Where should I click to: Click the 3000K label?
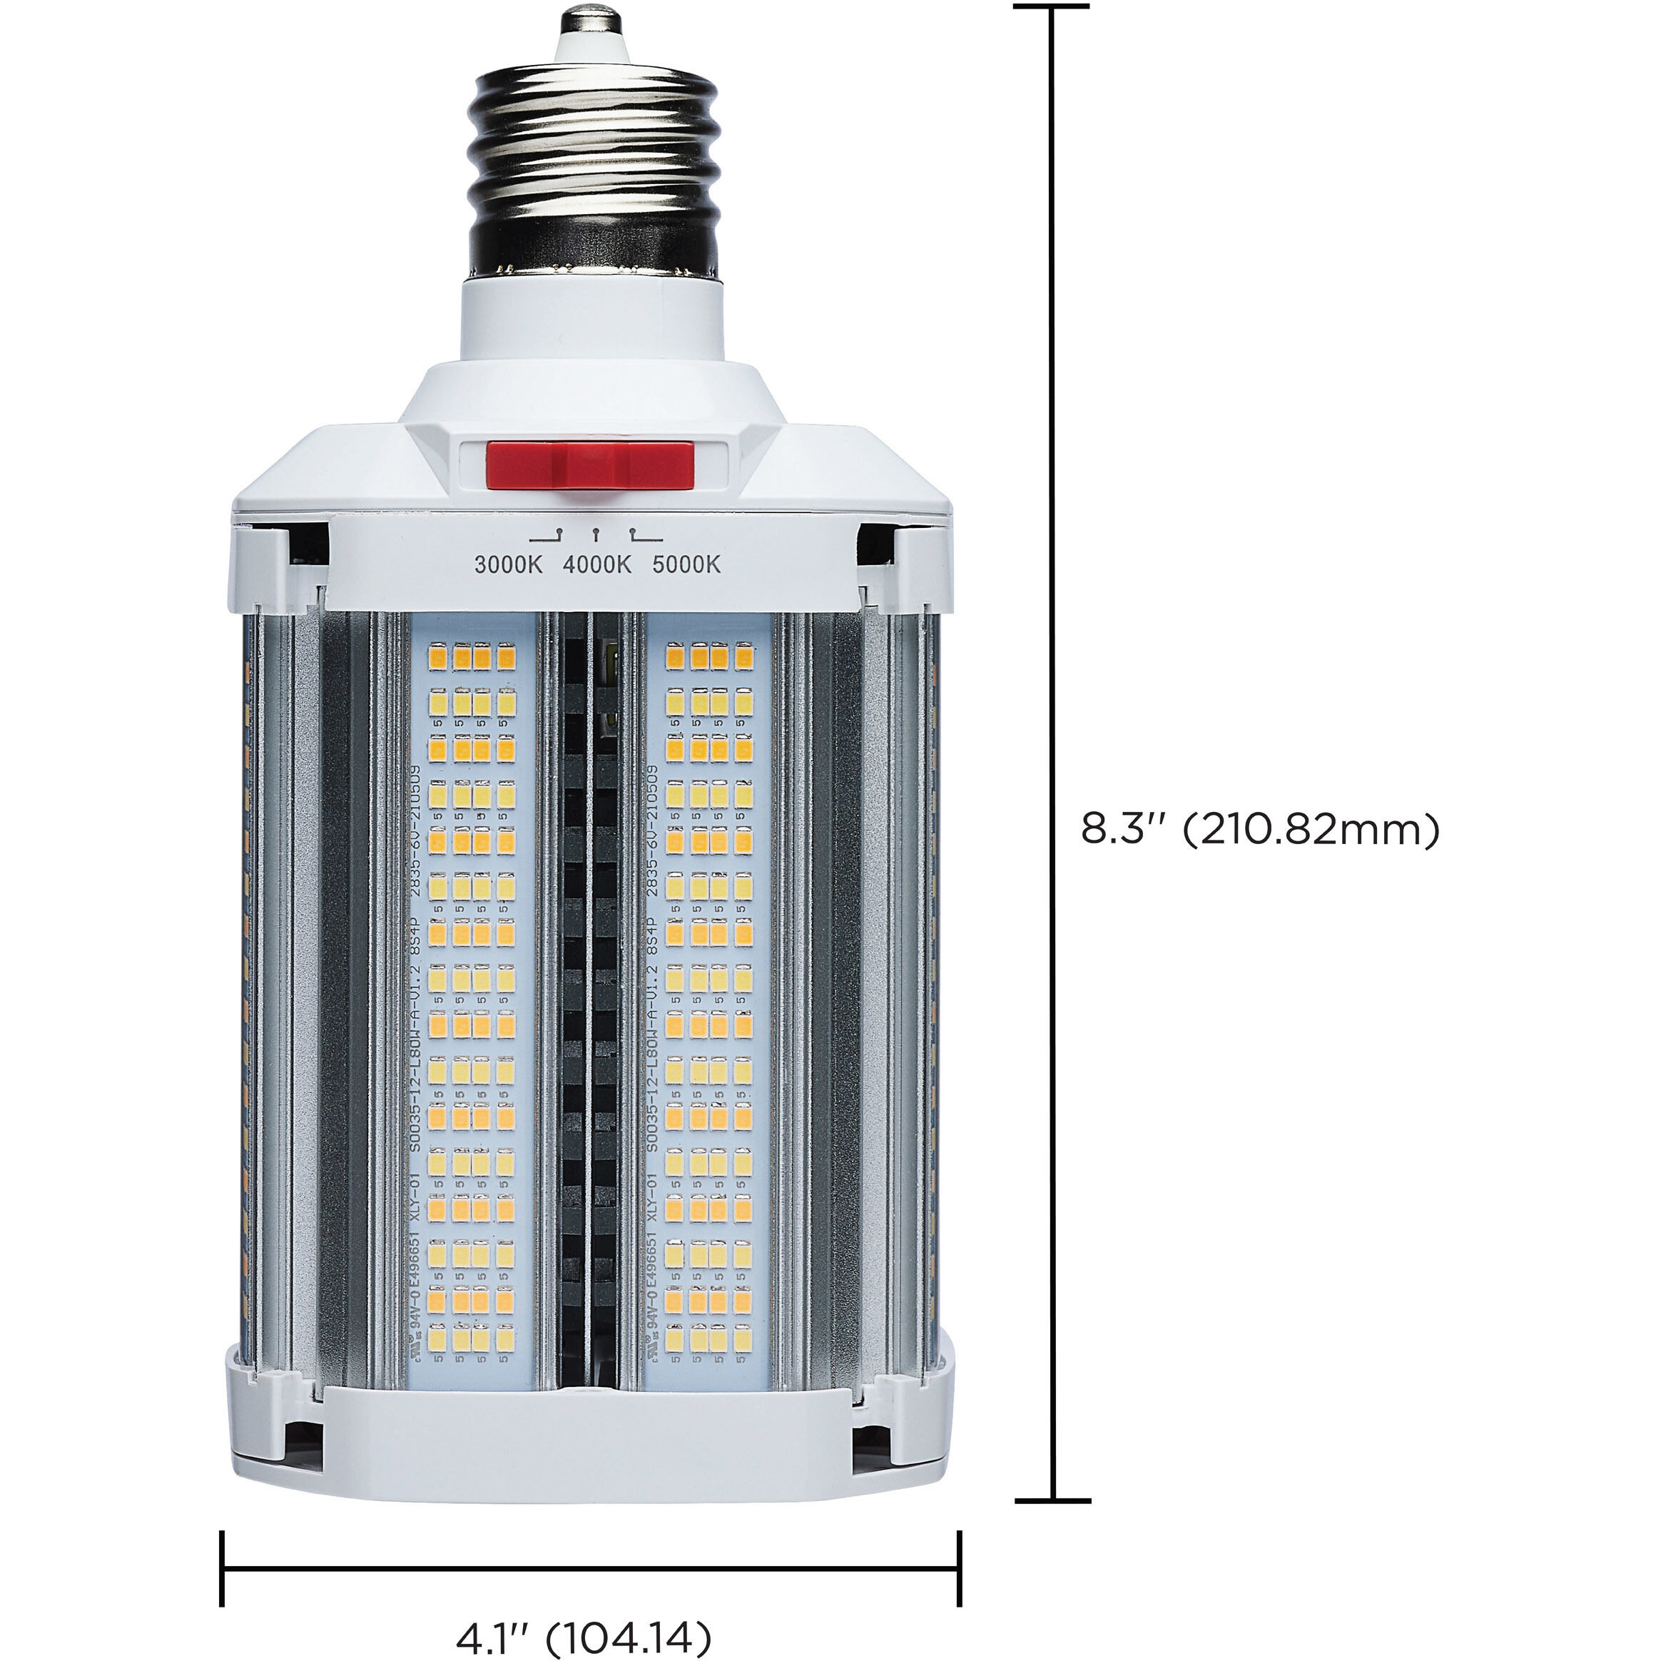[x=509, y=565]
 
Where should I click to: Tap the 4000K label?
[x=597, y=565]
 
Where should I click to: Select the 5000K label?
[x=687, y=565]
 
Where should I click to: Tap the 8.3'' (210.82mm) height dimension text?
[x=1259, y=830]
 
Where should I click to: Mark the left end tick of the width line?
[x=223, y=1569]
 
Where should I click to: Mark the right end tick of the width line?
[x=960, y=1569]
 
